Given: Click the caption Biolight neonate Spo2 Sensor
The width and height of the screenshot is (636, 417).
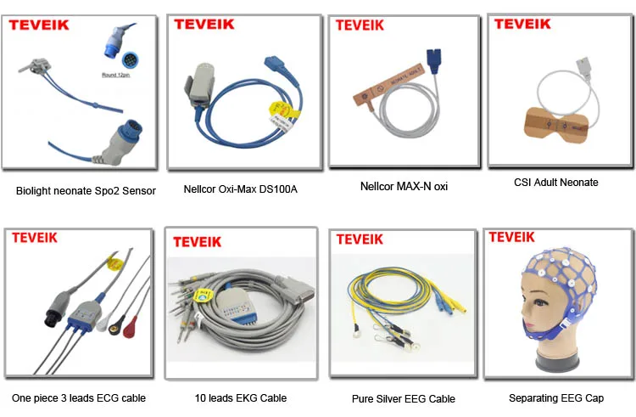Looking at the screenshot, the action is [86, 191].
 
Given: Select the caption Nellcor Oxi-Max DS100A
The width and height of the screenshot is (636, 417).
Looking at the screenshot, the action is [242, 189].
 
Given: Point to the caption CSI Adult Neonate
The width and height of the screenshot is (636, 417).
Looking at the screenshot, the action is [555, 182].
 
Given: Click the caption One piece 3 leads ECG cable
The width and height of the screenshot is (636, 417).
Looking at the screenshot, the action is [79, 397].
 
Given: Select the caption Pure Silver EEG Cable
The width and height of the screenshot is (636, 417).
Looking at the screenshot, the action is [403, 398].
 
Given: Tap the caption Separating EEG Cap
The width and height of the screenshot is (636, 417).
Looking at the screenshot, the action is [556, 397].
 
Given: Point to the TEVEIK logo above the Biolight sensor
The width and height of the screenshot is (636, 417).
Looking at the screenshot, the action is [37, 25].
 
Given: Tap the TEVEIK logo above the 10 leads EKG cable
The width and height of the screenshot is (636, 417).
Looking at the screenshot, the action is [198, 241].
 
